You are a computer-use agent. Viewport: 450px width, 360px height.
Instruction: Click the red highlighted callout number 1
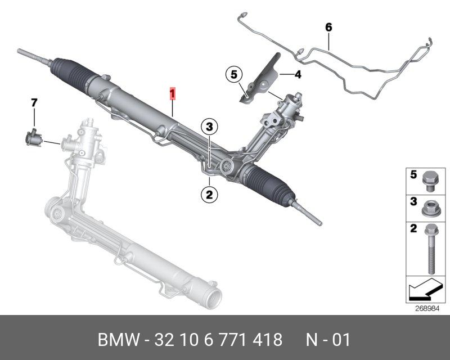point(174,93)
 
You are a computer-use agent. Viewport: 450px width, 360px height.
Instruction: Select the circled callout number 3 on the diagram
point(209,127)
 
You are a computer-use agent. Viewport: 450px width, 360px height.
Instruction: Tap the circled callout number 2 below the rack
point(209,195)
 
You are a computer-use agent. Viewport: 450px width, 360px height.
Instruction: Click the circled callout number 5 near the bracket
point(233,74)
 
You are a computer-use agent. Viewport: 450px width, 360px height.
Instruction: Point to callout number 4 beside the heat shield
point(298,74)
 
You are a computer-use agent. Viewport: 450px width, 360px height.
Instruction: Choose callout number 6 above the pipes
point(328,27)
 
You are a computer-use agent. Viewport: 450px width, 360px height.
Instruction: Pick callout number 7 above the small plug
point(34,102)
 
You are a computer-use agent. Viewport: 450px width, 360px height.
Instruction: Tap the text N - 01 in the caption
point(328,340)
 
